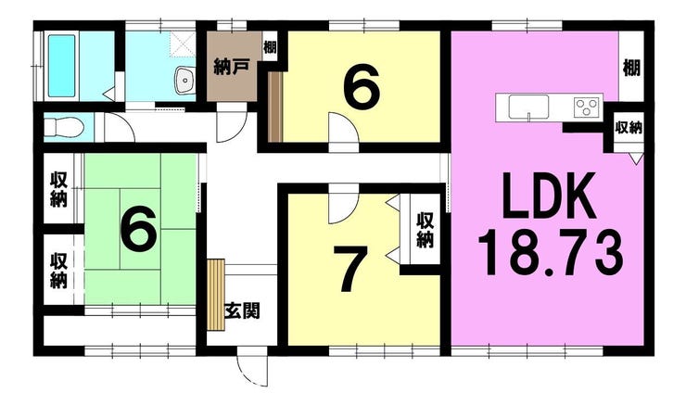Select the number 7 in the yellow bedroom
tap(349, 270)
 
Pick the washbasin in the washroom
tap(183, 81)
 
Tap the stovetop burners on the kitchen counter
tap(586, 107)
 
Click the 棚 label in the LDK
tap(632, 67)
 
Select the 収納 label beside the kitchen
tap(630, 127)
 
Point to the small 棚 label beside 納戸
tap(269, 46)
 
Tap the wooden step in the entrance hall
tap(216, 293)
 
